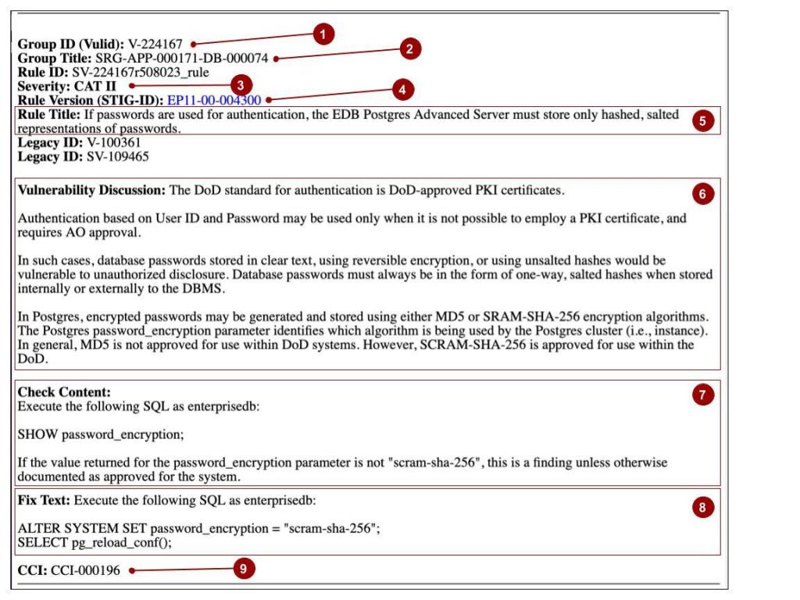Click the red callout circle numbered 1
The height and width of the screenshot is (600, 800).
tap(324, 34)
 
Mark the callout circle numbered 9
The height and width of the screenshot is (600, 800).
tap(244, 570)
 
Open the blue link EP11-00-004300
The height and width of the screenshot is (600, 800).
tap(214, 100)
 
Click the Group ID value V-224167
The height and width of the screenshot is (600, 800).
tap(156, 44)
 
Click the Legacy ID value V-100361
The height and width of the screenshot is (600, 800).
tap(114, 143)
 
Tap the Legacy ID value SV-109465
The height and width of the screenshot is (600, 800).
tap(118, 156)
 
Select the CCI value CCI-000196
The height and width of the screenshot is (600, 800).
tap(86, 570)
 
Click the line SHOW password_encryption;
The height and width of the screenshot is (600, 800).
tap(101, 434)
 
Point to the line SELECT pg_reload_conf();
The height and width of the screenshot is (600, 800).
tap(95, 543)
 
